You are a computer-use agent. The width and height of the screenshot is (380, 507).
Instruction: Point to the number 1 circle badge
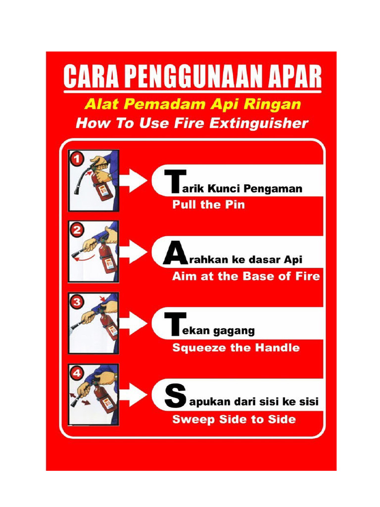point(76,159)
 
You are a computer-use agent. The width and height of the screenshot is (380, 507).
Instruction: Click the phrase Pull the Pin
point(208,204)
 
